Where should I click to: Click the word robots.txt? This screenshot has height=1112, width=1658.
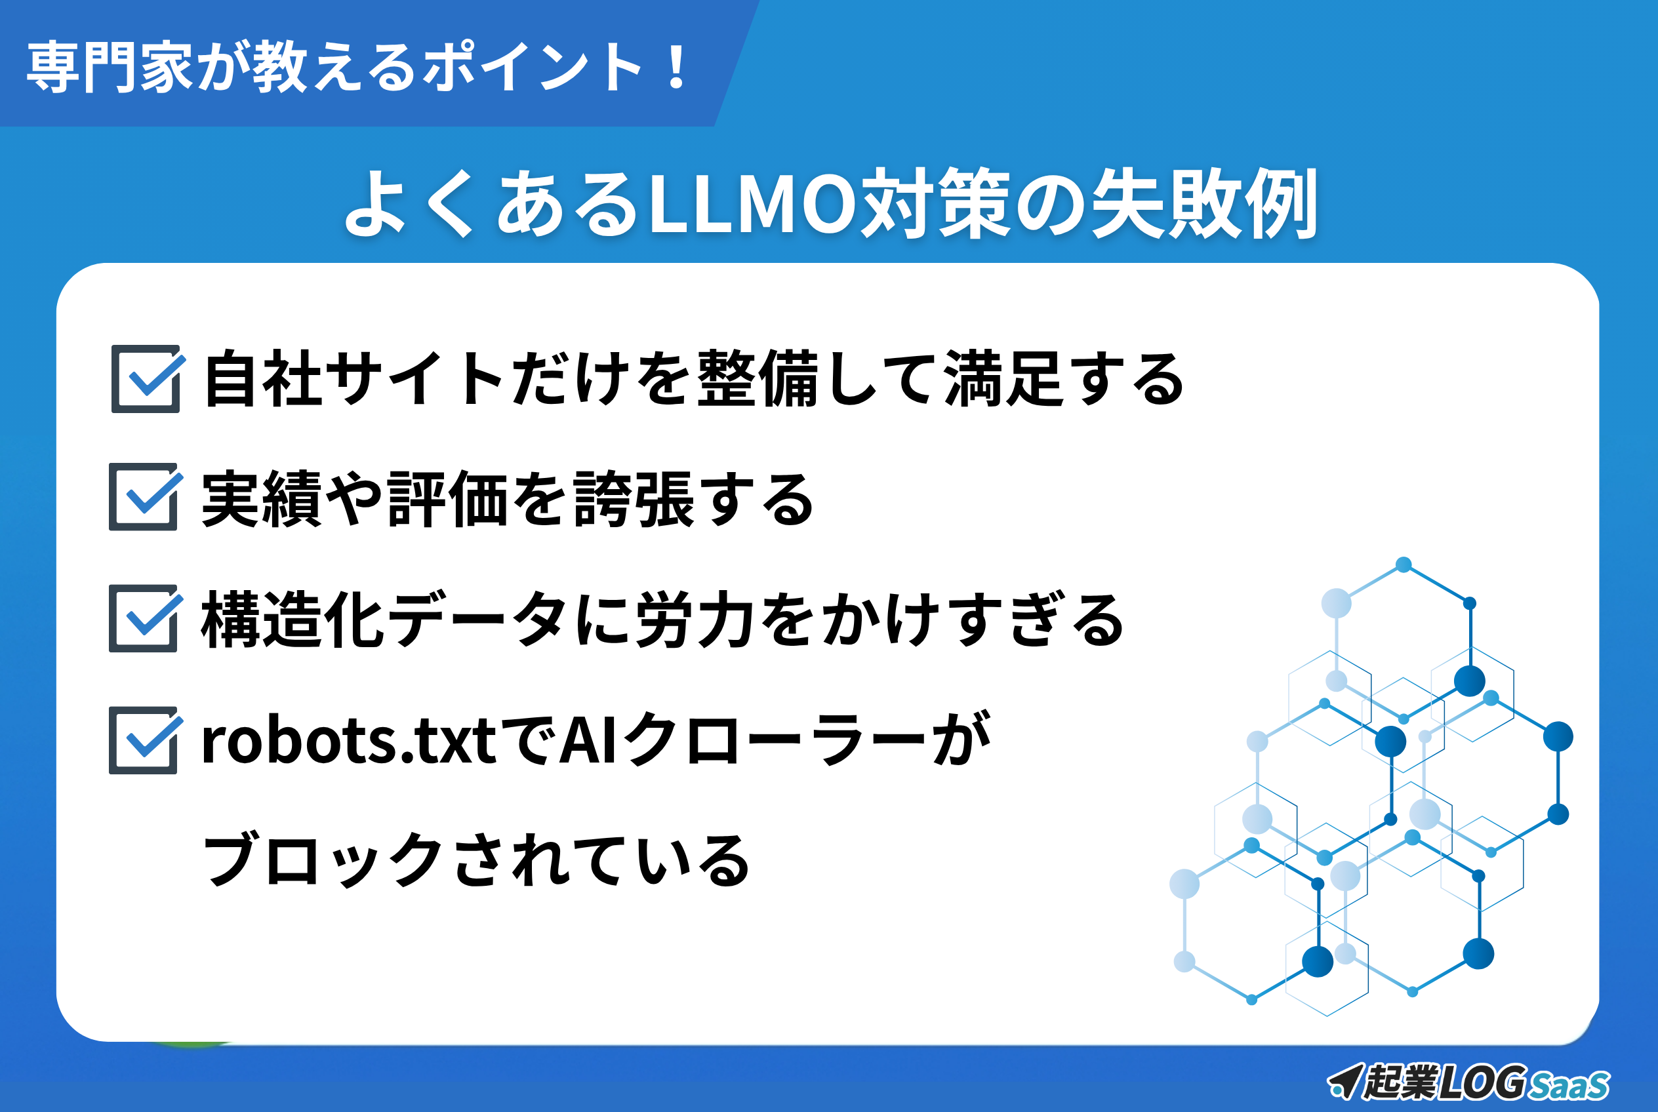tap(348, 740)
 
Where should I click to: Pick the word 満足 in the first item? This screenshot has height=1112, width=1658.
tap(1004, 379)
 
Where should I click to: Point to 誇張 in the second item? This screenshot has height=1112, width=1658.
tap(634, 499)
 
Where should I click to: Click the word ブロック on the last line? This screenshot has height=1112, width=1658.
tap(323, 860)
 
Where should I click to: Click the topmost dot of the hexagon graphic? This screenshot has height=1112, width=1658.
tap(1404, 565)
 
